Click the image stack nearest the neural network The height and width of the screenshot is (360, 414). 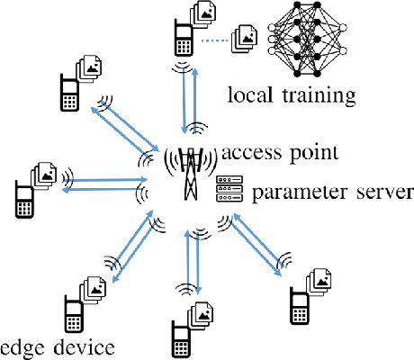tap(245, 38)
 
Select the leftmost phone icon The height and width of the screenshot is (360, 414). tap(24, 200)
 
